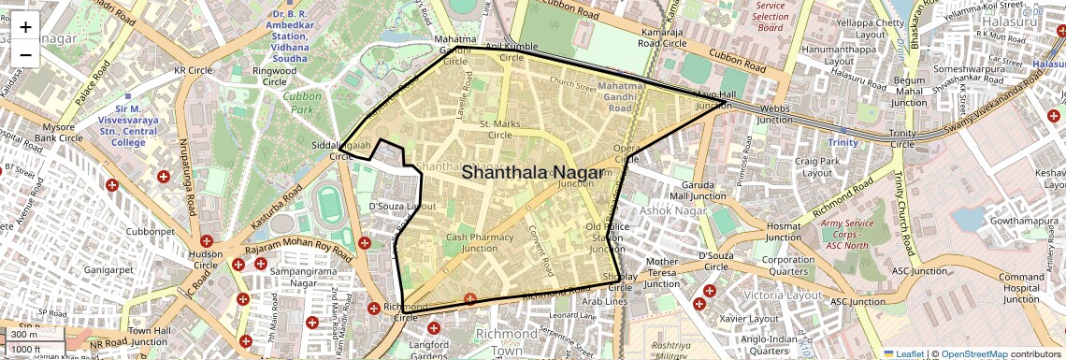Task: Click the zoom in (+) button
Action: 25,27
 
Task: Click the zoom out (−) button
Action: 25,54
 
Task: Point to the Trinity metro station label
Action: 843,142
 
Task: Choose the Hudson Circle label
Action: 206,259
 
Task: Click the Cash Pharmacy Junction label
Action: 480,243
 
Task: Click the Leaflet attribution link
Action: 903,354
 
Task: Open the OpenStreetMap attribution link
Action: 974,354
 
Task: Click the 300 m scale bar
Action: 25,335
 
